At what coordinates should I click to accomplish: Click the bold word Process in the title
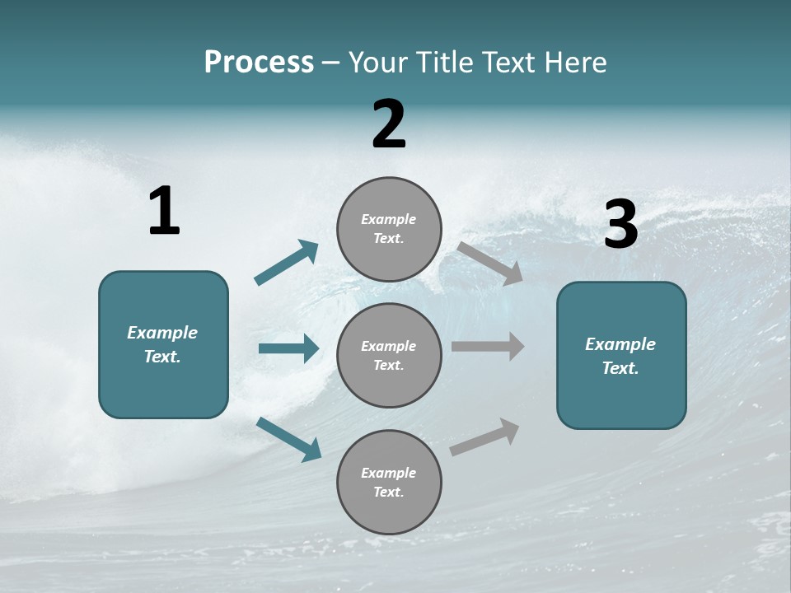(x=259, y=63)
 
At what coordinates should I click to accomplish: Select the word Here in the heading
(x=573, y=63)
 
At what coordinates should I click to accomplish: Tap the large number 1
(x=164, y=212)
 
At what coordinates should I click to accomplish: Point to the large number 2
(x=389, y=125)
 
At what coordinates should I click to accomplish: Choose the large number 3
(x=620, y=226)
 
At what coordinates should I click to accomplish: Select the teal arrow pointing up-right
(x=287, y=263)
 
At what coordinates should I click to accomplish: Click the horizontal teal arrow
(x=288, y=348)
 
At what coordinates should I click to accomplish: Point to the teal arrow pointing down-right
(x=289, y=439)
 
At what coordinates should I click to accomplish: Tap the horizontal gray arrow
(x=488, y=347)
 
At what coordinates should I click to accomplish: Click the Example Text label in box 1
(x=162, y=344)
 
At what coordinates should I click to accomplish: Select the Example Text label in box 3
(x=620, y=356)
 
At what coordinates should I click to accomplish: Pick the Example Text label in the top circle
(x=389, y=229)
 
